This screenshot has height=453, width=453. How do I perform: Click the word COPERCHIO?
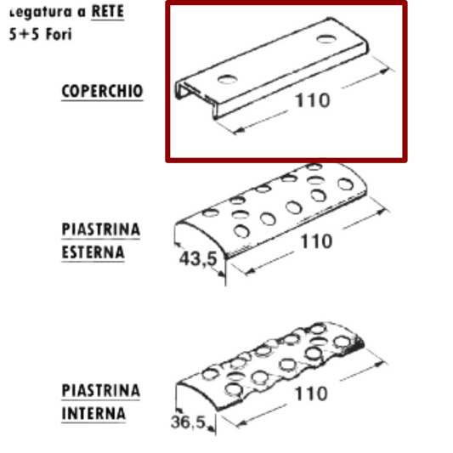coord(102,90)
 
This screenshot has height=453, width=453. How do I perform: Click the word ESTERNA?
coord(93,252)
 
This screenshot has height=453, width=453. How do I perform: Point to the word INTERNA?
coord(93,415)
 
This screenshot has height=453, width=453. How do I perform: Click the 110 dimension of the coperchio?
coord(314,100)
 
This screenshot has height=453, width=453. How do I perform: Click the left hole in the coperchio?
coord(227,79)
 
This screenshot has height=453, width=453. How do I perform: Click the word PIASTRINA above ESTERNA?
coord(101,229)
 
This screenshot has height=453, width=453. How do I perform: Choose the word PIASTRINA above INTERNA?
coord(101,391)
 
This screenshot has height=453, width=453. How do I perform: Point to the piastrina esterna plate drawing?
coord(280,208)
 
